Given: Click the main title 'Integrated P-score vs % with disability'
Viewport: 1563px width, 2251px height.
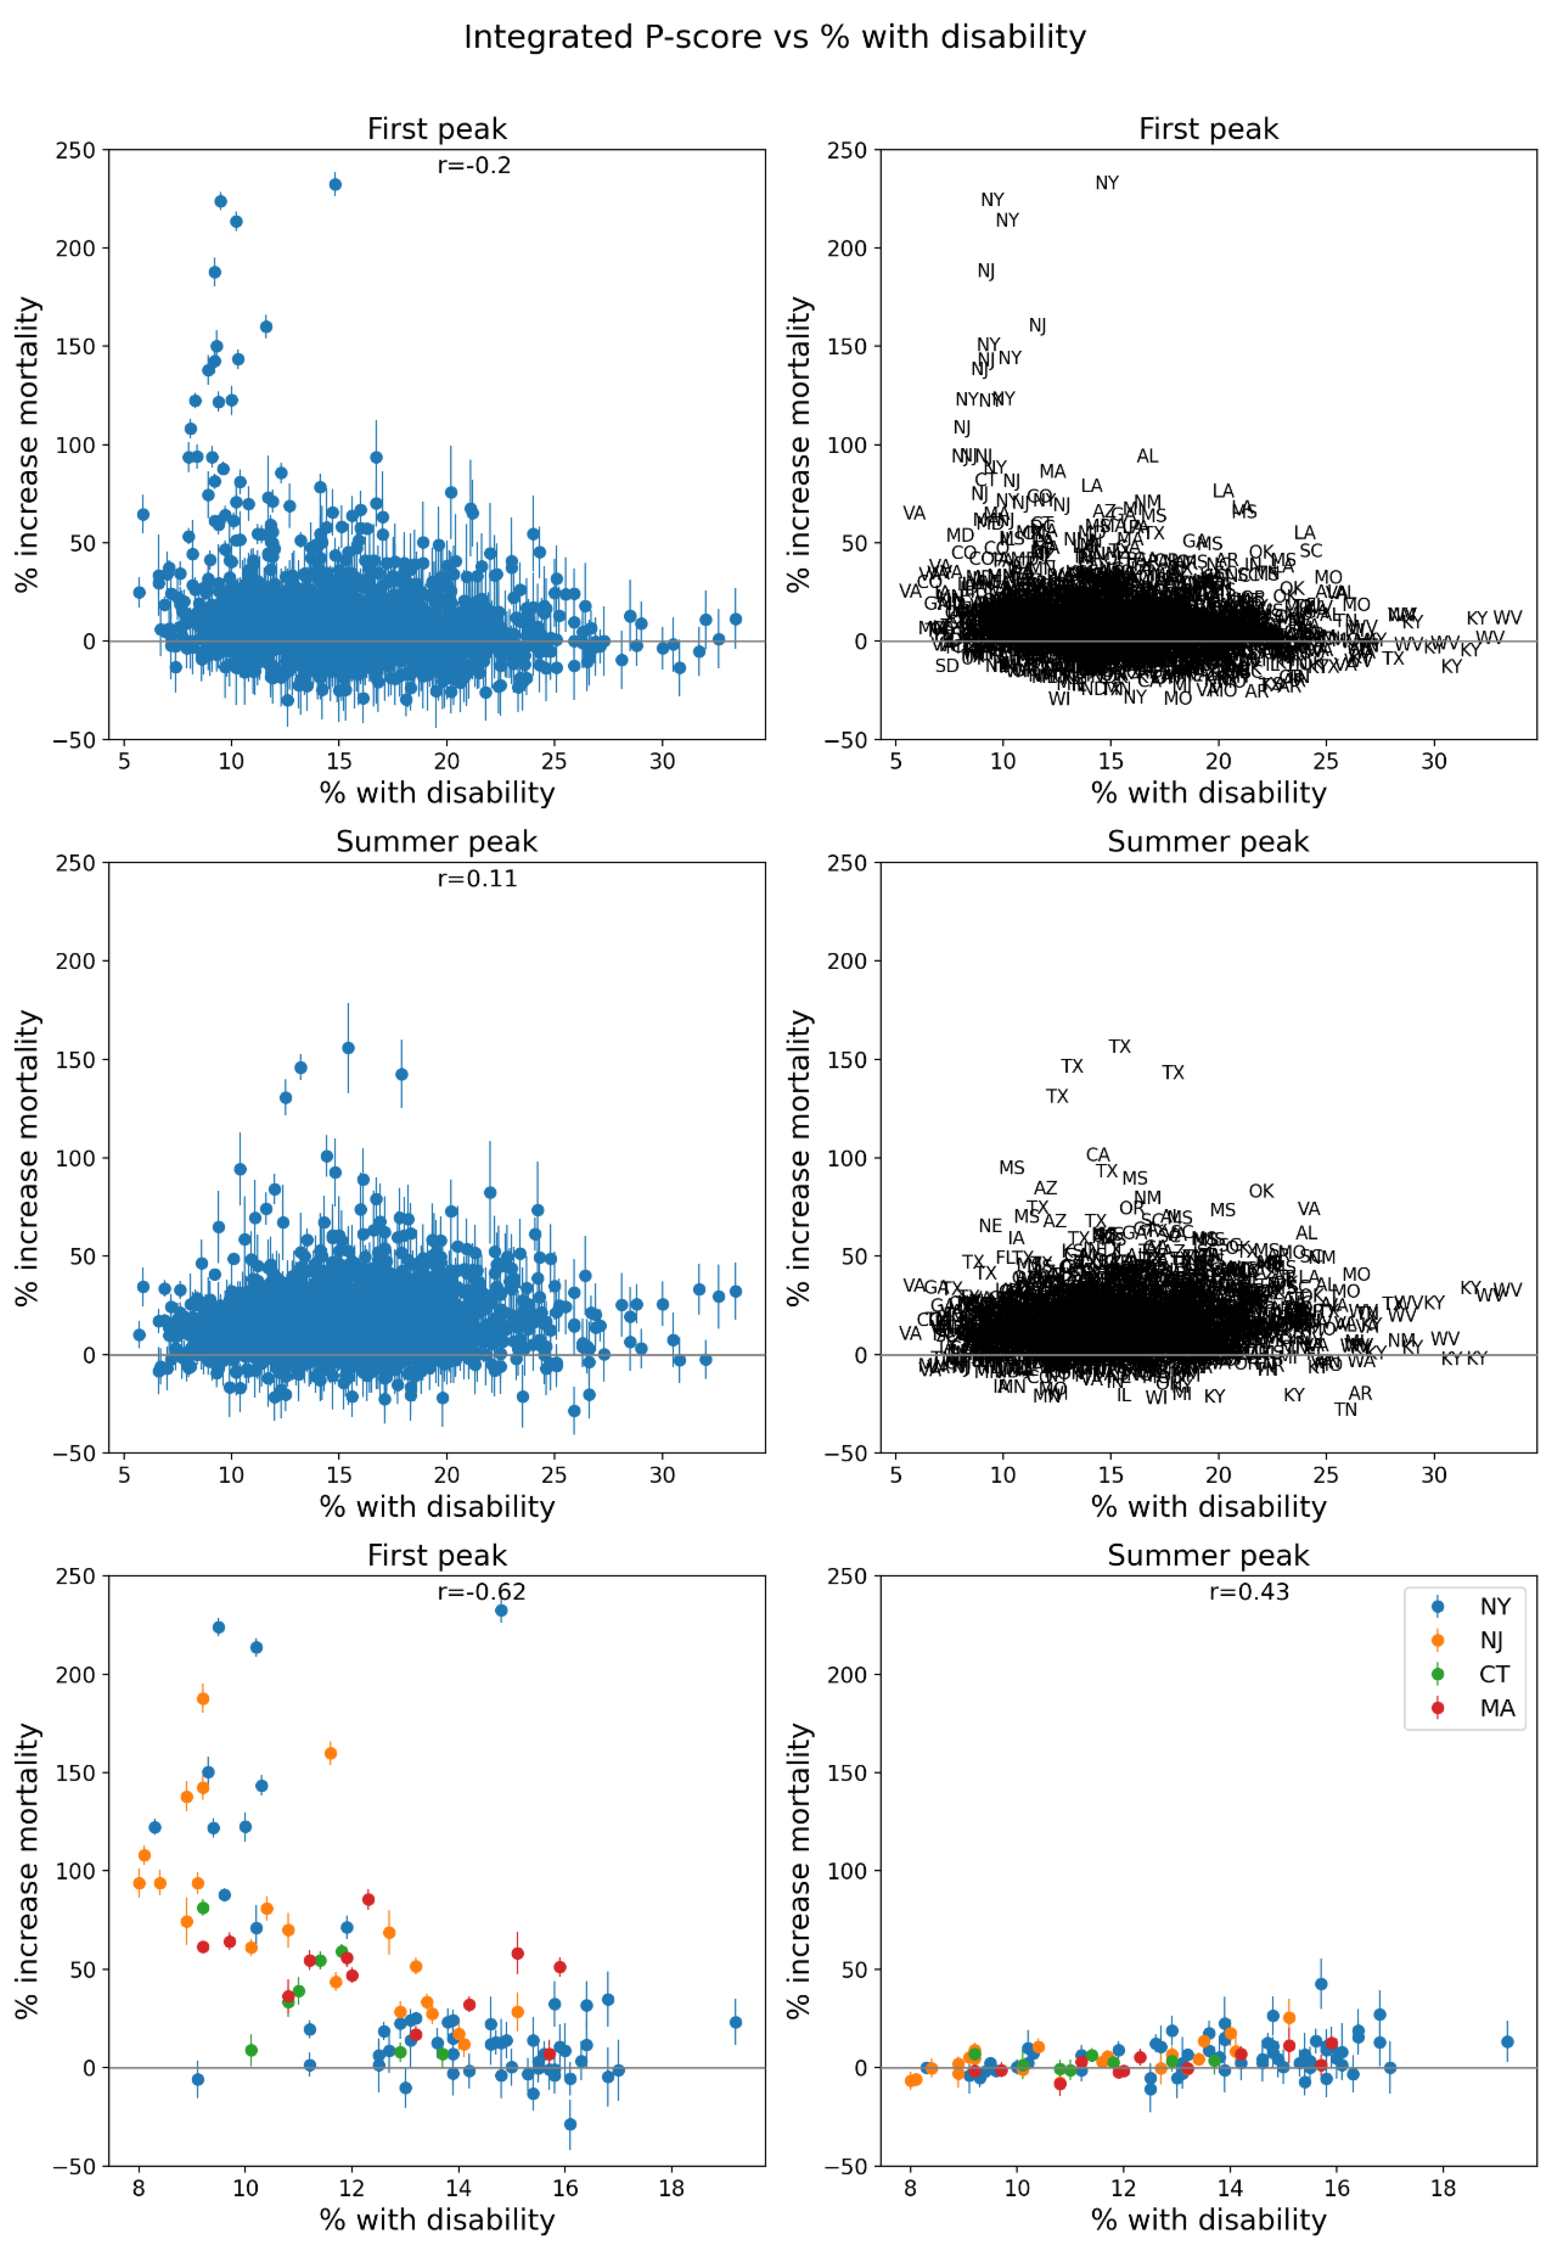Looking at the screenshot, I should click(775, 37).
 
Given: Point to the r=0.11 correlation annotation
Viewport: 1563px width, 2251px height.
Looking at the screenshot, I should click(477, 878).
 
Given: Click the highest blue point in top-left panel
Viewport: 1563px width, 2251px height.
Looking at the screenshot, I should click(335, 184).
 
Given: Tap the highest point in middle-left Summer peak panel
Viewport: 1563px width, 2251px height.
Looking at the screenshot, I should click(348, 1048).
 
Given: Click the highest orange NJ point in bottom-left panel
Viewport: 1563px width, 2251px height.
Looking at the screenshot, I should click(203, 1699).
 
